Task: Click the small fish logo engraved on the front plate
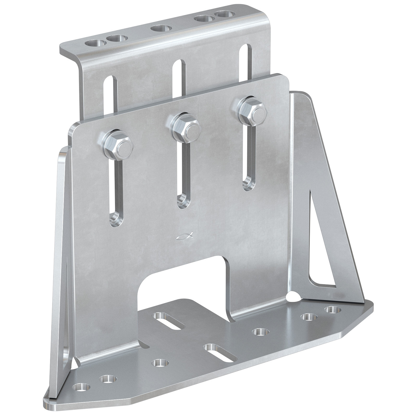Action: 184,236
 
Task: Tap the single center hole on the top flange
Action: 161,27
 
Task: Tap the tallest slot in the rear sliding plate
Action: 245,70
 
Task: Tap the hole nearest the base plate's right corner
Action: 332,310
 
